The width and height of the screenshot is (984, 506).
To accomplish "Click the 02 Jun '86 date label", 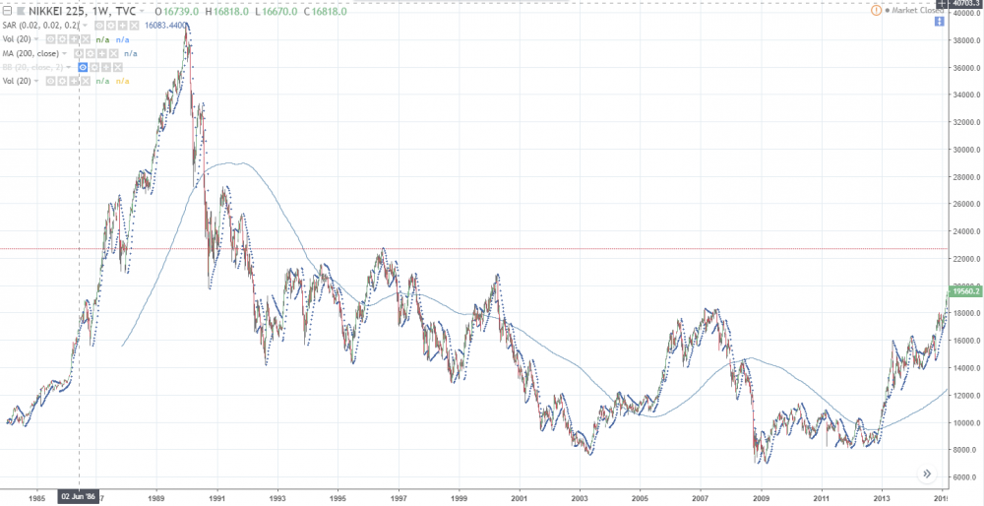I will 79,497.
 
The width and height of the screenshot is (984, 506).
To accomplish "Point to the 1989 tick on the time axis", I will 158,497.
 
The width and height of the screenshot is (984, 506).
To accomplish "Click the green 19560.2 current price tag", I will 963,291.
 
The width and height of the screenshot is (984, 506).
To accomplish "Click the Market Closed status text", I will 919,10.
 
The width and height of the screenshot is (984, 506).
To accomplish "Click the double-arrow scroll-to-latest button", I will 926,474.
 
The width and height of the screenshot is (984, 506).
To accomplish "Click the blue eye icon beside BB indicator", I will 83,66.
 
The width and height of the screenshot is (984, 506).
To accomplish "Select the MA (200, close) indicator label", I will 35,52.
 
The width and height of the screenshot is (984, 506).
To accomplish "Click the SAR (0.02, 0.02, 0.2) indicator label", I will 46,25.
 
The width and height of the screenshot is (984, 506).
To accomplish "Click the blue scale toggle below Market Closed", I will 926,22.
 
